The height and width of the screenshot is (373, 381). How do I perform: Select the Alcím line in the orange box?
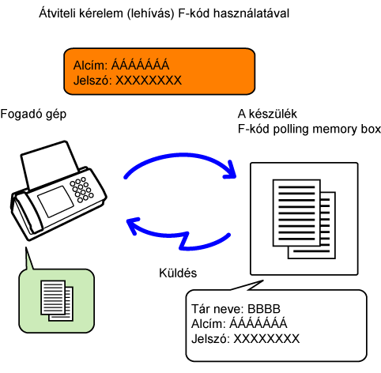(121, 65)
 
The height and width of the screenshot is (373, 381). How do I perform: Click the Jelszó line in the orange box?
(127, 81)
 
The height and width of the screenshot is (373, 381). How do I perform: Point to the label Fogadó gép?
(33, 115)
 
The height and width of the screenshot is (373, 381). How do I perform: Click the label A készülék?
(267, 114)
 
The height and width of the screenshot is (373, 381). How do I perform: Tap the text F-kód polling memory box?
(309, 130)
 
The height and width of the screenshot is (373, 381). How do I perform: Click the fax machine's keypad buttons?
(81, 190)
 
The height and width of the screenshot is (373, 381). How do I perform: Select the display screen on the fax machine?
(55, 202)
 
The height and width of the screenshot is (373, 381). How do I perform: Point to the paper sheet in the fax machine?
(49, 164)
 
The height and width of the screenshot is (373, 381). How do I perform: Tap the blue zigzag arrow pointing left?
(179, 235)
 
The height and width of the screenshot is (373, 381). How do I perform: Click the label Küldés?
(178, 273)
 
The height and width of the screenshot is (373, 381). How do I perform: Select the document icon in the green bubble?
(57, 301)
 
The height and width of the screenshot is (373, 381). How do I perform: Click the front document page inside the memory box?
(296, 213)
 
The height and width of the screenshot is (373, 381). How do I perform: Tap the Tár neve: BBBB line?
(236, 309)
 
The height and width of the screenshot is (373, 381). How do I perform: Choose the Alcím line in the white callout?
(240, 323)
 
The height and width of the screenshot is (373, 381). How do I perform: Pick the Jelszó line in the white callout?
(246, 339)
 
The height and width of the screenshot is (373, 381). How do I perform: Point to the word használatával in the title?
(251, 13)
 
